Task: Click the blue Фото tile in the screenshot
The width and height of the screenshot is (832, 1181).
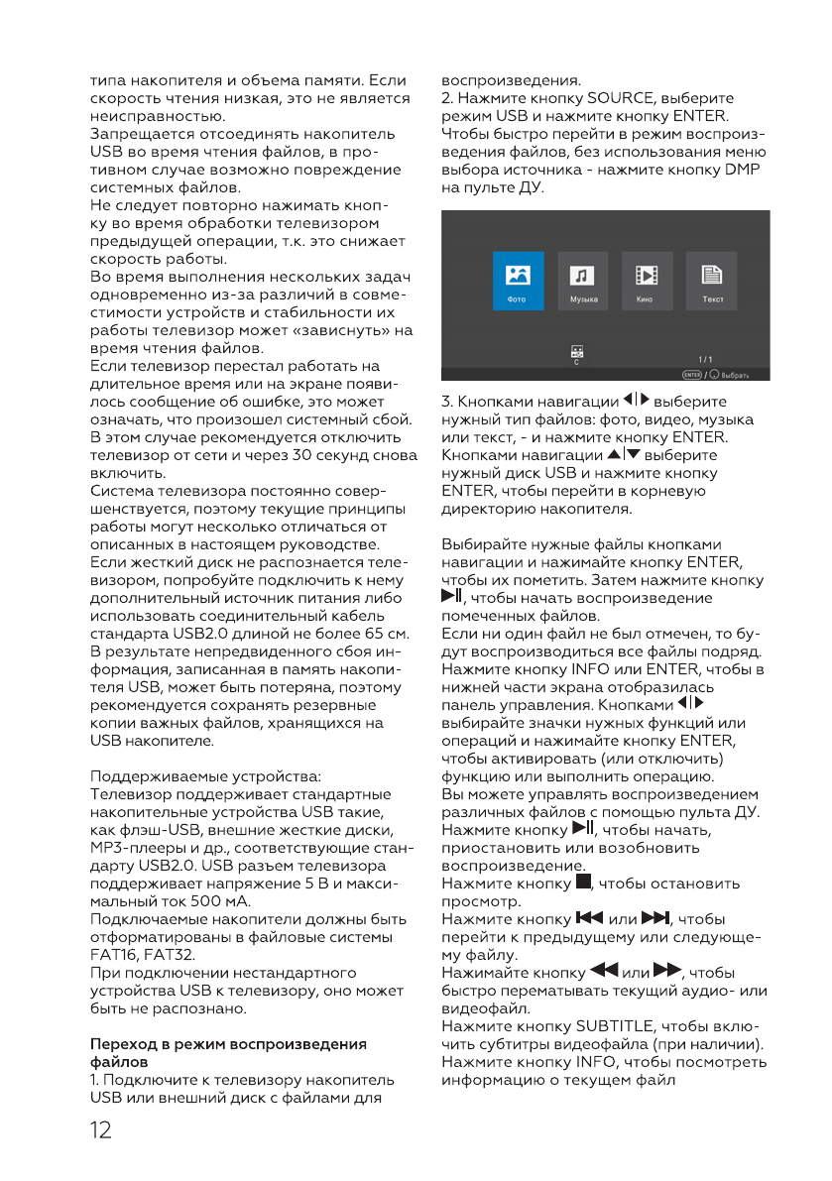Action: [518, 281]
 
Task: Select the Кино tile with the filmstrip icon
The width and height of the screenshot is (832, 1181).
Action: [647, 281]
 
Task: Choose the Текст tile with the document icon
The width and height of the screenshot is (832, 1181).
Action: [711, 281]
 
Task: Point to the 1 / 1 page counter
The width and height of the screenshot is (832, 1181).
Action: [705, 360]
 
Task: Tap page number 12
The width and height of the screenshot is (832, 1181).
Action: [100, 1130]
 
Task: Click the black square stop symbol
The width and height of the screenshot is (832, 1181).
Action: [582, 883]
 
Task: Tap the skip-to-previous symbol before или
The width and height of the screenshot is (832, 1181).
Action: [590, 918]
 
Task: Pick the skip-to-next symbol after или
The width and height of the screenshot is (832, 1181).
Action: [657, 918]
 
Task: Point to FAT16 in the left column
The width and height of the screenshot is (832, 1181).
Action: [111, 955]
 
